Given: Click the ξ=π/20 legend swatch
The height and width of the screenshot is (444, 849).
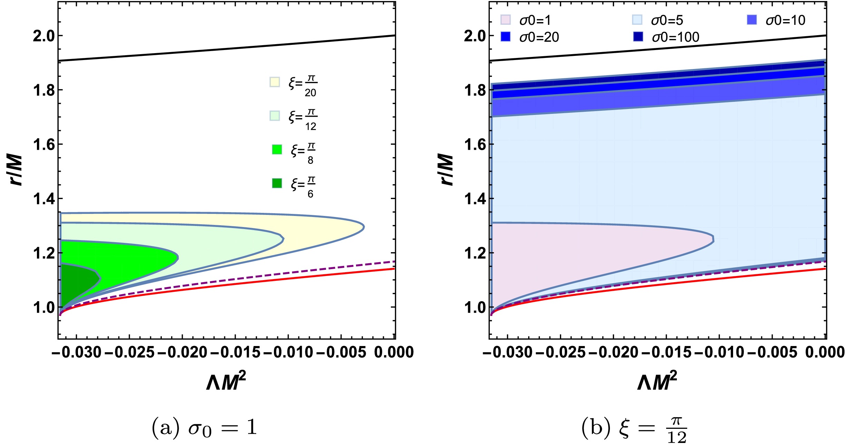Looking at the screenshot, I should [x=275, y=82].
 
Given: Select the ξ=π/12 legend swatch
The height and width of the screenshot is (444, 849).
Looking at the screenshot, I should [x=275, y=116].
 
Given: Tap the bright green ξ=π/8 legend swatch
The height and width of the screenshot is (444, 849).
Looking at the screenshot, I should [x=277, y=149].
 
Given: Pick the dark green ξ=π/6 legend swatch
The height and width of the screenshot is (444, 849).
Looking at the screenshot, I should [x=277, y=183].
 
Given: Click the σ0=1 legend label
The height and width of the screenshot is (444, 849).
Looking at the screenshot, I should [x=535, y=21].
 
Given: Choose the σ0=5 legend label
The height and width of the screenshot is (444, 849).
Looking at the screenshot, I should [x=667, y=21].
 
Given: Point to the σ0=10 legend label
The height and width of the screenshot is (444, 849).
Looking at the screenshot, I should [x=785, y=21].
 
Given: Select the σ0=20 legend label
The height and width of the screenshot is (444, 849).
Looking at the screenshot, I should [x=539, y=37].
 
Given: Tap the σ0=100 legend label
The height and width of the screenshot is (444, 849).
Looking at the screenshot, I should [x=675, y=37].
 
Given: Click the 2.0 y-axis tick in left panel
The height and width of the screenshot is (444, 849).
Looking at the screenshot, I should [x=44, y=36].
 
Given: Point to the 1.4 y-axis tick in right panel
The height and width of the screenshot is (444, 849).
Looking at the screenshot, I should [x=475, y=199].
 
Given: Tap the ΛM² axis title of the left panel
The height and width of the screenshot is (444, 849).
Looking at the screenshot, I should [x=226, y=382].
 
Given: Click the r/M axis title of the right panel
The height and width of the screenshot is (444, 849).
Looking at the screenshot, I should [x=447, y=170].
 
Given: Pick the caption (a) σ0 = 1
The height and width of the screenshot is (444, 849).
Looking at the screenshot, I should [x=204, y=428].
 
